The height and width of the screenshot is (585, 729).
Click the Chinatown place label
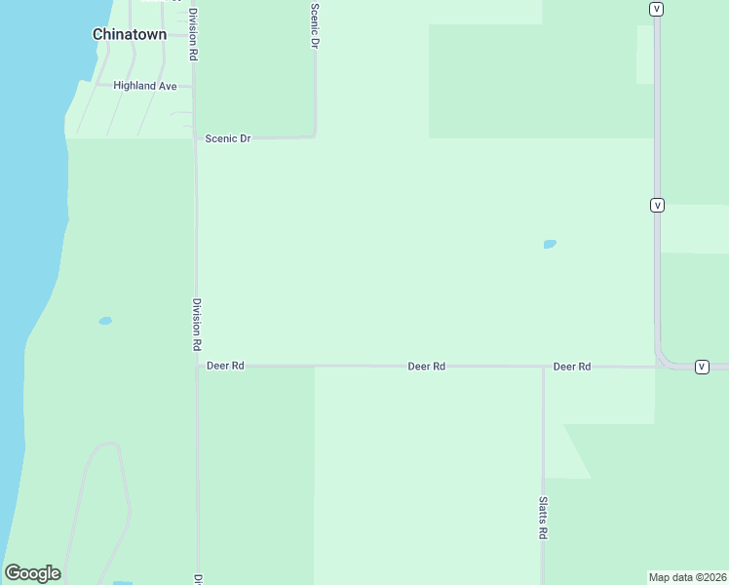pos(130,34)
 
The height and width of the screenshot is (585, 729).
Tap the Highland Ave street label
pos(145,86)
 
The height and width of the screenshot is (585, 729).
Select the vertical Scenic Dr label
pos(315,25)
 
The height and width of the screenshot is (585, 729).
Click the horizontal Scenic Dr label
pos(228,138)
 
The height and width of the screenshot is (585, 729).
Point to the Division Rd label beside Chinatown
pos(194,35)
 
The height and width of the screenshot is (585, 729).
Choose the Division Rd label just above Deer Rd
pos(197,325)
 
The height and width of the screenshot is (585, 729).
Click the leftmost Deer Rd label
pos(225,366)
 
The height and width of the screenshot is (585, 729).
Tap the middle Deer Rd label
pos(426,367)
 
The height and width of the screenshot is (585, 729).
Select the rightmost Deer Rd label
pos(572,367)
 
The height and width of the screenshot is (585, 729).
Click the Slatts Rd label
pos(543,518)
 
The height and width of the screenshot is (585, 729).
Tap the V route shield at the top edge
pos(657,9)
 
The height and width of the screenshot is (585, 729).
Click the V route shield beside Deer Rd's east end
pos(702,367)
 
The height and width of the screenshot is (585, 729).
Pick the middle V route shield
pos(657,206)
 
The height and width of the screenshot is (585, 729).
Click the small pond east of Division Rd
pos(550,244)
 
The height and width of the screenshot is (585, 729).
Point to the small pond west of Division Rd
pos(105,321)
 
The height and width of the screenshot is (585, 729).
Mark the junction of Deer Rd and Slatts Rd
pos(543,368)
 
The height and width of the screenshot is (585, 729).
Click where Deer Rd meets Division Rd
pos(197,367)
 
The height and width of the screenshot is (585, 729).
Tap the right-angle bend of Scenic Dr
pos(314,136)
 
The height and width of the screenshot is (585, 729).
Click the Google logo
pos(33,573)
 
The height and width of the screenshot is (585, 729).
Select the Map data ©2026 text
pos(687,577)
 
